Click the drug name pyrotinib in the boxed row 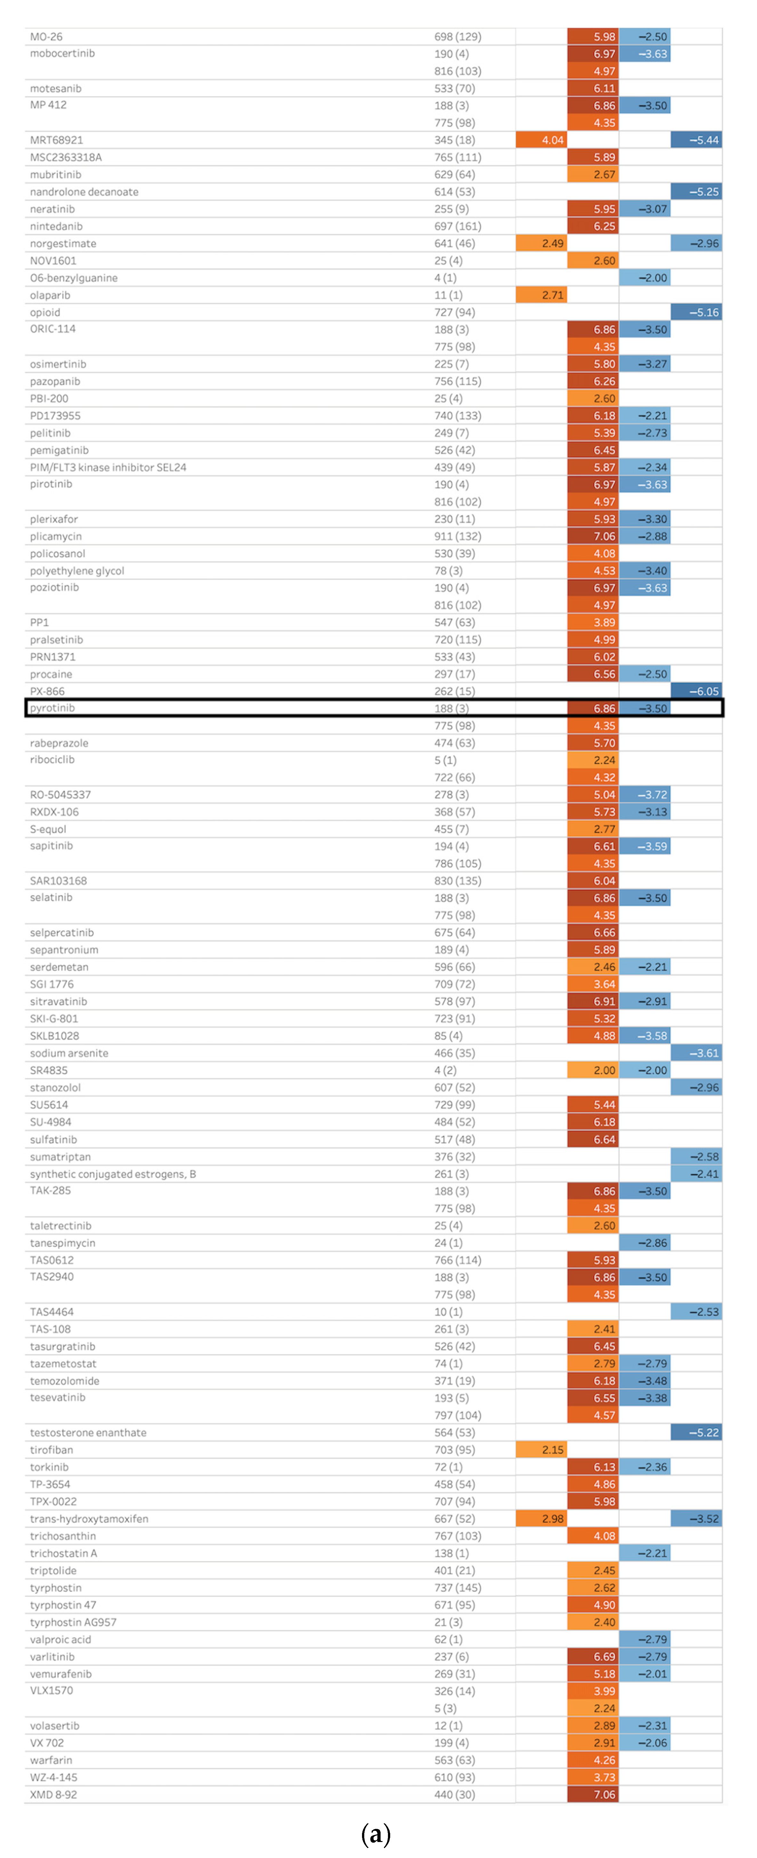(x=52, y=708)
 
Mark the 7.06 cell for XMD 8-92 (x=593, y=1795)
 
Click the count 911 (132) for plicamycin (x=457, y=536)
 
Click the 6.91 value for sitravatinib (x=593, y=1001)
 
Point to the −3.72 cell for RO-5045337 (x=645, y=794)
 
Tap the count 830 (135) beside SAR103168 (x=457, y=881)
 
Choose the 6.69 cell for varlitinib (x=593, y=1657)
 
